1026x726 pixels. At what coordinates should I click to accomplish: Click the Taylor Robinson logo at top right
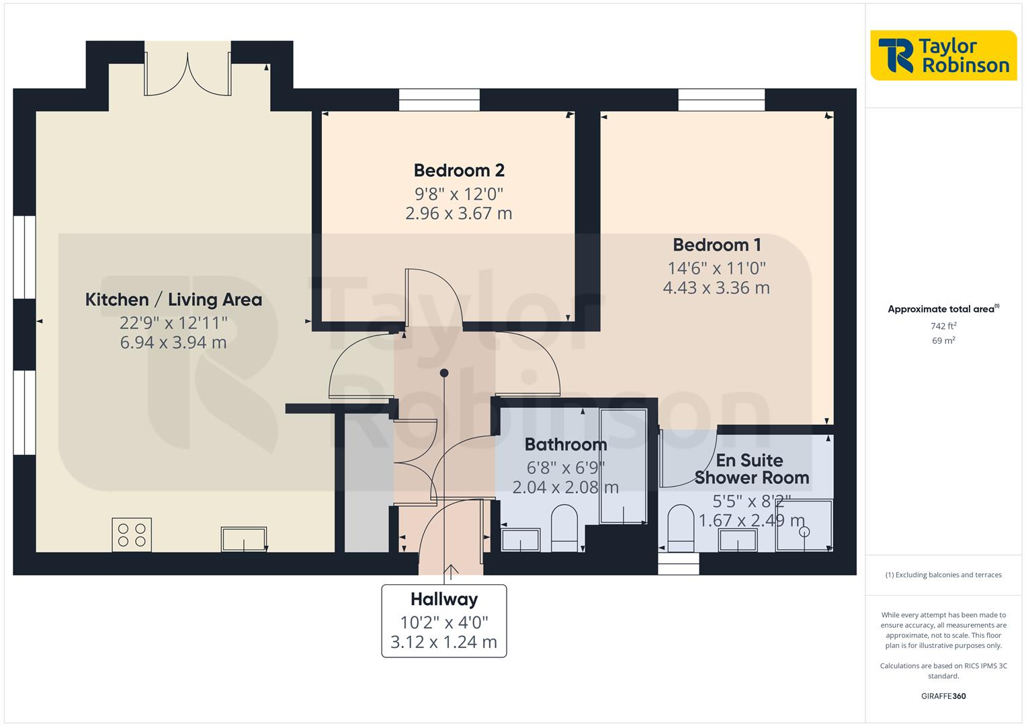pos(943,56)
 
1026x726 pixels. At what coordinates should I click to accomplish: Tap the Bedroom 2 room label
pos(459,171)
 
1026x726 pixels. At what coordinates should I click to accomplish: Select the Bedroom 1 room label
pos(716,245)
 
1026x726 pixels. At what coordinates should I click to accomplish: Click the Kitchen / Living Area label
pos(173,300)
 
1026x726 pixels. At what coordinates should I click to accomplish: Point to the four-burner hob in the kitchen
pos(132,535)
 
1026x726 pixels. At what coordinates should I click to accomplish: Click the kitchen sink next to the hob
pos(243,539)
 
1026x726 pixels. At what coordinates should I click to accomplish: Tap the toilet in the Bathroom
pos(564,529)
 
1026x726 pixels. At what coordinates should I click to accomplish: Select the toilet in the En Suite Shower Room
pos(681,529)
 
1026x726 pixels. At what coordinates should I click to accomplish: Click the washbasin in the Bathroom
pos(521,540)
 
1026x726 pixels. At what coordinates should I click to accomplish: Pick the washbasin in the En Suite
pos(738,540)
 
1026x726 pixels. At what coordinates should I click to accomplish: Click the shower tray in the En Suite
pos(804,526)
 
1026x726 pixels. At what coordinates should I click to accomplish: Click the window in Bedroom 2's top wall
pos(439,100)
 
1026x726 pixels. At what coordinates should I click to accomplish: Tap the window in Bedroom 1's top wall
pos(722,100)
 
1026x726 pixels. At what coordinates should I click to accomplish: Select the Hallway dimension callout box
pos(444,620)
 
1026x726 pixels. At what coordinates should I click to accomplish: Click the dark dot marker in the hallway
pos(443,372)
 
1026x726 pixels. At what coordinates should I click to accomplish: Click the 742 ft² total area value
pos(943,326)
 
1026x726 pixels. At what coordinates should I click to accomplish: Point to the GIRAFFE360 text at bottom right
pos(943,696)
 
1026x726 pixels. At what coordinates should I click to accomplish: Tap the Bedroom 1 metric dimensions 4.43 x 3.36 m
pos(716,288)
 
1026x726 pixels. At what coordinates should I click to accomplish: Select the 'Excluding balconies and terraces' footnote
pos(943,575)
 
